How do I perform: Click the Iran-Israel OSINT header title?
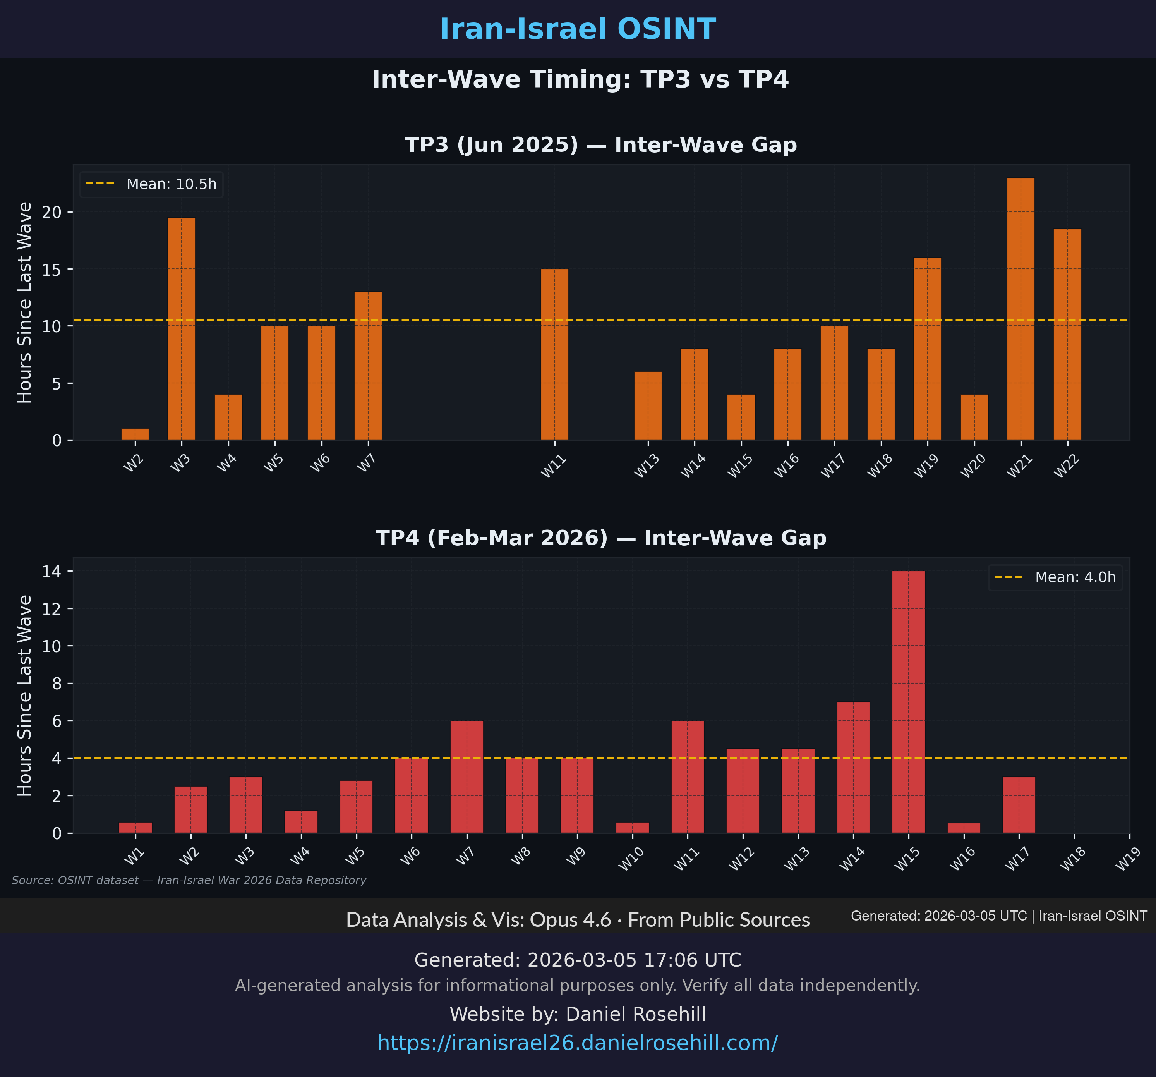point(577,29)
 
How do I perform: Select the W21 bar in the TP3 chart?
point(1021,309)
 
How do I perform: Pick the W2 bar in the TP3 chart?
point(135,434)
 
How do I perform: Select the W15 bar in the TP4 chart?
point(908,702)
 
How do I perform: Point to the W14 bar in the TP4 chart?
point(853,767)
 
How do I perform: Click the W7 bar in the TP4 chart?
point(467,777)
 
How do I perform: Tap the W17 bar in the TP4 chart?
point(1019,805)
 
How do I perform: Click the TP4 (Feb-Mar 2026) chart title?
point(601,538)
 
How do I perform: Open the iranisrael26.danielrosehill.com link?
point(577,1043)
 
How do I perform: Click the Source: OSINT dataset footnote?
point(189,880)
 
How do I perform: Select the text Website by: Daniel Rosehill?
point(577,1014)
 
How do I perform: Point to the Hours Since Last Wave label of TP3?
point(24,302)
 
